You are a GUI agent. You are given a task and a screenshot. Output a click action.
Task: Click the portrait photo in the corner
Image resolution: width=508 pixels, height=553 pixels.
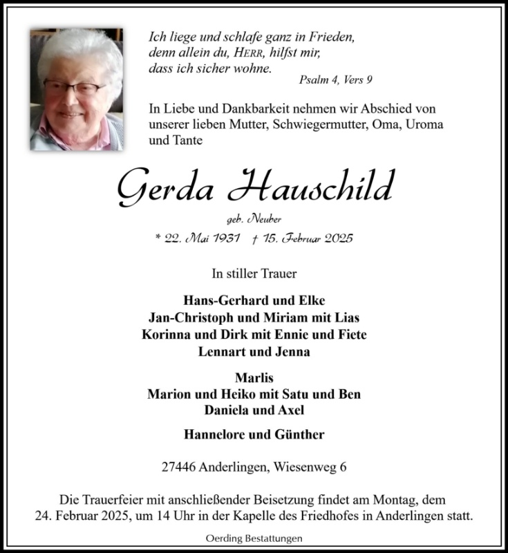(76, 89)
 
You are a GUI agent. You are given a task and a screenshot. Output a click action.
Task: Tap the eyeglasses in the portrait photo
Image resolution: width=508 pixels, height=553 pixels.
(75, 88)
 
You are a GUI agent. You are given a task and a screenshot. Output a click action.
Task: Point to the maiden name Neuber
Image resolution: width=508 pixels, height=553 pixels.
(267, 220)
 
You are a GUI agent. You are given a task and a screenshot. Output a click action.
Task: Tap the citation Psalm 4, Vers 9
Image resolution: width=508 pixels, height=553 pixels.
(336, 80)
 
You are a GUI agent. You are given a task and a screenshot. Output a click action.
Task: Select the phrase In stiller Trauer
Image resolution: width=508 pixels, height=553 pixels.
(254, 274)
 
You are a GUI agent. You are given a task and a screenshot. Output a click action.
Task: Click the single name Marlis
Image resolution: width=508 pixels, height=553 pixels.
(254, 378)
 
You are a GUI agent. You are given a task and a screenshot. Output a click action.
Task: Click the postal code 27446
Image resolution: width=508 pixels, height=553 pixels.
(176, 467)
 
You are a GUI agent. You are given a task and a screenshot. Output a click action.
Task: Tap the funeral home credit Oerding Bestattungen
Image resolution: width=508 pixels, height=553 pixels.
(254, 538)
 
